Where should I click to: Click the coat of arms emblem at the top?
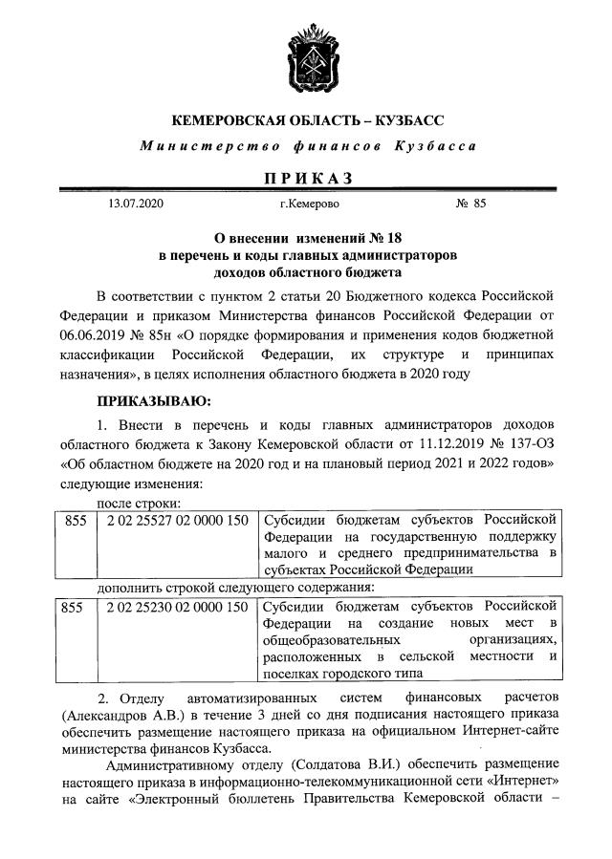306,58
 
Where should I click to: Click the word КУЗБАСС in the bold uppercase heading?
402,121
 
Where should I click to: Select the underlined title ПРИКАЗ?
306,178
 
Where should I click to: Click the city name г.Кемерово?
308,204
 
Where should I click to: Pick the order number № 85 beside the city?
471,204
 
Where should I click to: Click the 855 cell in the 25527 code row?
75,520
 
